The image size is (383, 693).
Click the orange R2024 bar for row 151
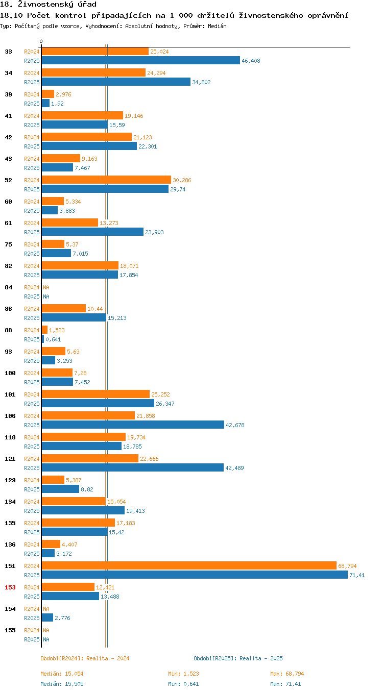(x=189, y=565)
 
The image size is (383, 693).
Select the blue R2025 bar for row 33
(x=140, y=60)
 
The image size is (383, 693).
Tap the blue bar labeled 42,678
(x=133, y=425)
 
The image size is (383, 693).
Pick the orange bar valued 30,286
(x=106, y=180)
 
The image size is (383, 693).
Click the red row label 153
(x=10, y=587)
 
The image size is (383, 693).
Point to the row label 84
(x=8, y=287)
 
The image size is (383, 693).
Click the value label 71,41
(x=357, y=575)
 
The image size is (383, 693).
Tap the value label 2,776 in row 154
(x=62, y=618)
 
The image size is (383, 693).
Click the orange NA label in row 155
(x=46, y=630)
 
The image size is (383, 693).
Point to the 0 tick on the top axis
(x=41, y=42)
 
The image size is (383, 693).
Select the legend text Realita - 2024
(x=108, y=658)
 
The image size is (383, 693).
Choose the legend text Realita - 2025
(x=261, y=658)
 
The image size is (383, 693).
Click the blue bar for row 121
(x=133, y=467)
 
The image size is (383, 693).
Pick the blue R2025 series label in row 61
(x=32, y=232)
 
